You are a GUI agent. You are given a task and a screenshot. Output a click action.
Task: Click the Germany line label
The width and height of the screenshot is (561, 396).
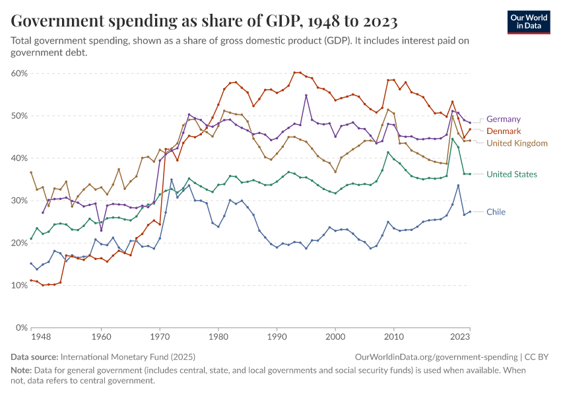pyautogui.click(x=503, y=119)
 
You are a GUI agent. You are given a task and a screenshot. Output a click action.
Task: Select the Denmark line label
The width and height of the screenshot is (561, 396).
pyautogui.click(x=504, y=131)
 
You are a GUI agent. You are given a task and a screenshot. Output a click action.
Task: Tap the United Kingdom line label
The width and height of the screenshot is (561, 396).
pyautogui.click(x=517, y=143)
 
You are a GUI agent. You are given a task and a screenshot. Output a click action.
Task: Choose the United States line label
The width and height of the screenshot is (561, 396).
pyautogui.click(x=511, y=174)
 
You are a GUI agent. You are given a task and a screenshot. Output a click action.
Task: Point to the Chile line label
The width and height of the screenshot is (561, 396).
pyautogui.click(x=496, y=212)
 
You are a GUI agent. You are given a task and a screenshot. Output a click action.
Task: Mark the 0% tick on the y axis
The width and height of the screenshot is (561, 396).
pyautogui.click(x=20, y=327)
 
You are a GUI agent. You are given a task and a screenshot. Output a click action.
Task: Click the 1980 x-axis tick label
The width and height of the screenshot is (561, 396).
pyautogui.click(x=218, y=337)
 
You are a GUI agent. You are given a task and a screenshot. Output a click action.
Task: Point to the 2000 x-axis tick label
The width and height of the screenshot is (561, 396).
pyautogui.click(x=335, y=337)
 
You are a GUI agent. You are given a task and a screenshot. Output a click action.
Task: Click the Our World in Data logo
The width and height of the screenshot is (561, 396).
pyautogui.click(x=529, y=22)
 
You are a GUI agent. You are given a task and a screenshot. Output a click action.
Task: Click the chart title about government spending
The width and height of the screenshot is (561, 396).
pyautogui.click(x=204, y=22)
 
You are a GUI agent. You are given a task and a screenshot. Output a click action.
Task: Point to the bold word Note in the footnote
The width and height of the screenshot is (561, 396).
pyautogui.click(x=22, y=370)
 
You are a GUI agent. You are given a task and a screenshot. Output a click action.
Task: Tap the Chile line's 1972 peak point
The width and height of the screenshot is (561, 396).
pyautogui.click(x=172, y=180)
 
